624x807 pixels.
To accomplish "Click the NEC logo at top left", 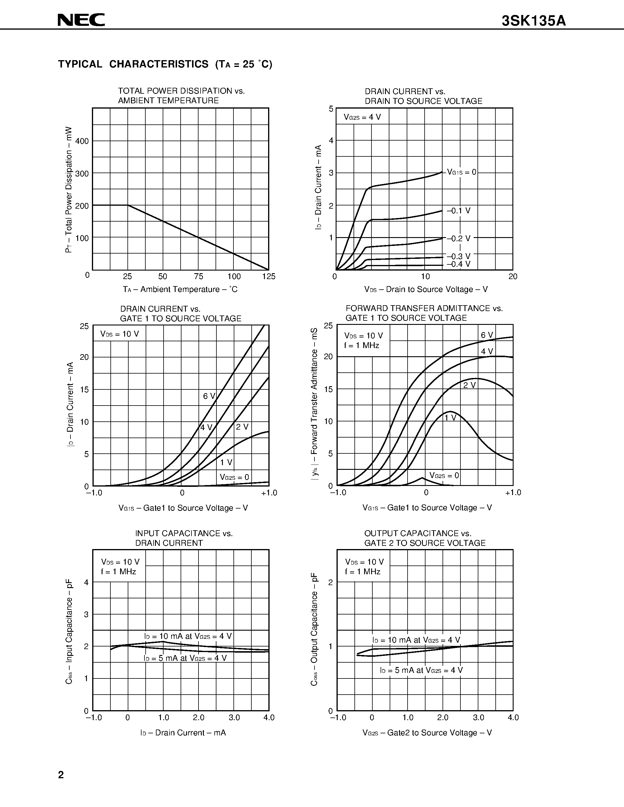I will [81, 20].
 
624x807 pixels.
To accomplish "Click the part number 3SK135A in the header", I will [534, 21].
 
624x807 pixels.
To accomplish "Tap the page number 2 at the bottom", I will [61, 775].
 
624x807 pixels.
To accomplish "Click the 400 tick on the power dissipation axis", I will [82, 141].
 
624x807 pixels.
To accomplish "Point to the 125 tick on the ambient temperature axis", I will [269, 277].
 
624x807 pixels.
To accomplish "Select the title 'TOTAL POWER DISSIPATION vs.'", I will [181, 91].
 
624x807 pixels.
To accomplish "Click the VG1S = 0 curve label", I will [462, 172].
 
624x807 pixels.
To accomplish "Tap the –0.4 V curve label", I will [458, 264].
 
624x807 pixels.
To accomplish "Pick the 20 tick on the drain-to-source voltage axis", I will [513, 277].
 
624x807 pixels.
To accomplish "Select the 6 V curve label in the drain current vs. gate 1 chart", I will [209, 396].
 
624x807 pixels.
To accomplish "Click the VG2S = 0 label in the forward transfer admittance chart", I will [444, 476].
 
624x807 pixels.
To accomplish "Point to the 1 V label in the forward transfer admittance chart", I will [450, 418].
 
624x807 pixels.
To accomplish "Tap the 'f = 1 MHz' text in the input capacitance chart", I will [118, 572].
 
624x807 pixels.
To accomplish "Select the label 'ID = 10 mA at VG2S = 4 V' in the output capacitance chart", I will [416, 640].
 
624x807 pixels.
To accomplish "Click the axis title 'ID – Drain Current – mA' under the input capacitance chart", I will [183, 733].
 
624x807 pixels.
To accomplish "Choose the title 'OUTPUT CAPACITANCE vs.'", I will [418, 534].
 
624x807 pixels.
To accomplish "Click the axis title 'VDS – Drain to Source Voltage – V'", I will [426, 289].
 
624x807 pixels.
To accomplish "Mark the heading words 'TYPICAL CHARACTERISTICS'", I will [133, 64].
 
